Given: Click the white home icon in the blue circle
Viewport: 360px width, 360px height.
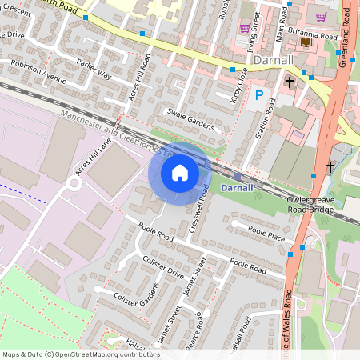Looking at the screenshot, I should tap(180, 172).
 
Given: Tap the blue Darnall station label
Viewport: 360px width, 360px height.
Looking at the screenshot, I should tap(236, 187).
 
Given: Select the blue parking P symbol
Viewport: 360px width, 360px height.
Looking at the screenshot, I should tap(258, 96).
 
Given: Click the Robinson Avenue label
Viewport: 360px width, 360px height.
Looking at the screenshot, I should tap(38, 72).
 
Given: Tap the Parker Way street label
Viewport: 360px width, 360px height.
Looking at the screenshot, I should tap(94, 69).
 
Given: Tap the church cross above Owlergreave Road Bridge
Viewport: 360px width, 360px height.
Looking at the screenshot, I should tap(330, 167).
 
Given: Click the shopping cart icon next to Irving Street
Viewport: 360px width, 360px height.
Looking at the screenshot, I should tap(245, 28).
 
